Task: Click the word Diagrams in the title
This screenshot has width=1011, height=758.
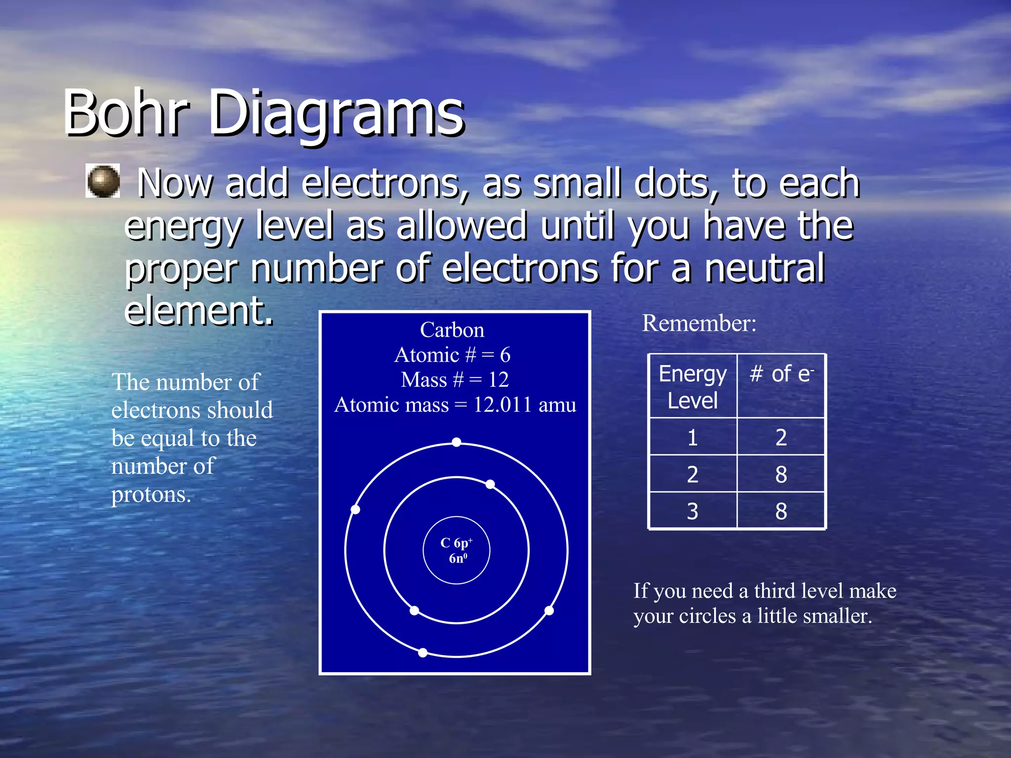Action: pyautogui.click(x=336, y=114)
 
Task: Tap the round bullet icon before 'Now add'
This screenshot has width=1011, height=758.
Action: pyautogui.click(x=103, y=181)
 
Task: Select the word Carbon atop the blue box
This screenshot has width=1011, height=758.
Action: pyautogui.click(x=452, y=330)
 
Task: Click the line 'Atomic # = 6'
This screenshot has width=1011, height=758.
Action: pyautogui.click(x=452, y=355)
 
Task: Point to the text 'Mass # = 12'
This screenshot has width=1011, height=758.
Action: pyautogui.click(x=455, y=379)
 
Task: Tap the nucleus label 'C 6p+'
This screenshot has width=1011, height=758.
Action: pyautogui.click(x=456, y=543)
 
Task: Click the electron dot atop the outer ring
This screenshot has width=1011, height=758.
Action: pyautogui.click(x=457, y=442)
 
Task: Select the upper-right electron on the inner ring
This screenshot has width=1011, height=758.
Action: pyautogui.click(x=490, y=484)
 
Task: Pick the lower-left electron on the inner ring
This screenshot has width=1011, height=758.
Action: pyautogui.click(x=415, y=610)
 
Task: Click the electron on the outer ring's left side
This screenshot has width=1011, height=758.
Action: pyautogui.click(x=355, y=509)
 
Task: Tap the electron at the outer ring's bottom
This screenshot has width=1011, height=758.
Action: pyautogui.click(x=423, y=652)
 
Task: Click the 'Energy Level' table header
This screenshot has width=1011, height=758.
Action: pyautogui.click(x=693, y=387)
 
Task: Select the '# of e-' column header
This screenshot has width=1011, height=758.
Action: pyautogui.click(x=781, y=374)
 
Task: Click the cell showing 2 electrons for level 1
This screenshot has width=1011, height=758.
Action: pyautogui.click(x=781, y=437)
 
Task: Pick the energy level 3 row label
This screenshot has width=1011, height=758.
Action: pyautogui.click(x=693, y=511)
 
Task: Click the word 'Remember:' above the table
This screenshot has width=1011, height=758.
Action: pyautogui.click(x=699, y=323)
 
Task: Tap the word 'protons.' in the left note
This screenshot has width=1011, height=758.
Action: pyautogui.click(x=151, y=494)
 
